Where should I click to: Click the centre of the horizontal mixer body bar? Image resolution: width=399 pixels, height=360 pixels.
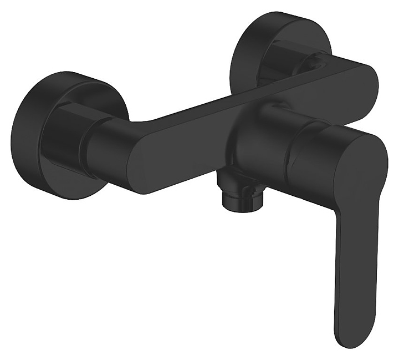tap(222, 122)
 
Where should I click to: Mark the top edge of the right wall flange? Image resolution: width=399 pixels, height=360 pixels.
tap(277, 15)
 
